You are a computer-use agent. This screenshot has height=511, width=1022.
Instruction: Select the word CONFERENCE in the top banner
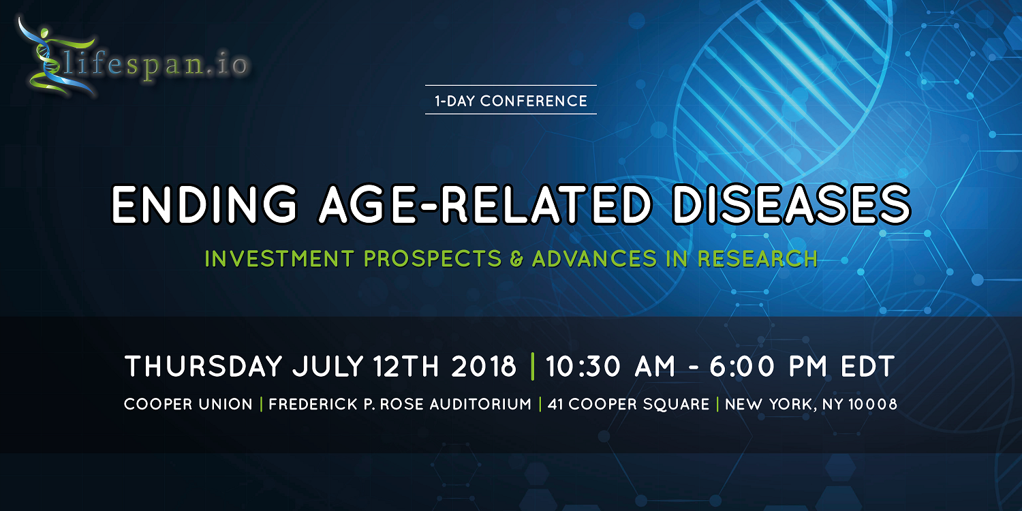[533, 101]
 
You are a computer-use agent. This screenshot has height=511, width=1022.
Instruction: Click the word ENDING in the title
[204, 204]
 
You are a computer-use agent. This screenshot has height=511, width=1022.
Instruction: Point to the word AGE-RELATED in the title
[484, 204]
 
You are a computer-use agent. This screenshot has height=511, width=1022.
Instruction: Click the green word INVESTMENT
[279, 259]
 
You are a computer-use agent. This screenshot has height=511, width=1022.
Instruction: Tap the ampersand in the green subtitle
[516, 259]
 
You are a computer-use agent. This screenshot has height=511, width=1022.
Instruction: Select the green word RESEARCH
[758, 259]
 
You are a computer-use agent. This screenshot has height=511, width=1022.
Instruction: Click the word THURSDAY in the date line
[204, 367]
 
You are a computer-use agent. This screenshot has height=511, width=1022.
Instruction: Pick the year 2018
[484, 367]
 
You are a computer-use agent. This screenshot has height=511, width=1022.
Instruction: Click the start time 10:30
[583, 367]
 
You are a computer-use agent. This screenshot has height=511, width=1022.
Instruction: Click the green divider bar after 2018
[532, 367]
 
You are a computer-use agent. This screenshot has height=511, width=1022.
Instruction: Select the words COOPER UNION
[188, 404]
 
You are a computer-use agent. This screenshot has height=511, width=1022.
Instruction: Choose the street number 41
[555, 404]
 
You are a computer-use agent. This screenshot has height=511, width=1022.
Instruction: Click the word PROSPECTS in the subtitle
[433, 259]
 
